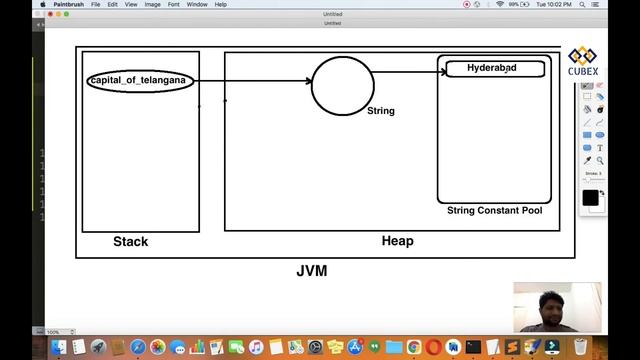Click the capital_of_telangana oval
[x=140, y=80]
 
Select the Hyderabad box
[x=493, y=69]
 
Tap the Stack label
[x=130, y=241]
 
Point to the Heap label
[x=397, y=241]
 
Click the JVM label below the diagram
[x=311, y=271]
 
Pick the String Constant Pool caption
[x=494, y=211]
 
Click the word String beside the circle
[x=381, y=111]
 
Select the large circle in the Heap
[x=343, y=85]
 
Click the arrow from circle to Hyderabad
[x=405, y=71]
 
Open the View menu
[x=131, y=4]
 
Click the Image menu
[x=154, y=4]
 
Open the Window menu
[x=197, y=4]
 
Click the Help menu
[x=221, y=4]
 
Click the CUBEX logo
[x=583, y=61]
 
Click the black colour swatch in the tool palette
[x=590, y=198]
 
